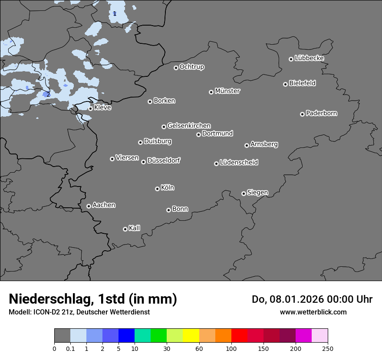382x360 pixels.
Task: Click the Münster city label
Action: pos(227,91)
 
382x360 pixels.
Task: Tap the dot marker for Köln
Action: pos(157,189)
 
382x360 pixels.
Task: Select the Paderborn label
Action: pos(322,113)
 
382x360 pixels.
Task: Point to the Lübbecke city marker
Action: pos(291,59)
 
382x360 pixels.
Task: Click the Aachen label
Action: pos(104,205)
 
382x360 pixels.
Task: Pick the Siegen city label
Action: pos(257,193)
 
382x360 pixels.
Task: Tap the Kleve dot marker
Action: pos(90,108)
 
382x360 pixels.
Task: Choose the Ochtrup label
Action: pos(192,67)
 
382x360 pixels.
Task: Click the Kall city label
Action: pos(135,228)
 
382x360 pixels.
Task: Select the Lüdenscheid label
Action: pos(239,163)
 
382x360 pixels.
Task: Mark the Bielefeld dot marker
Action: pos(285,84)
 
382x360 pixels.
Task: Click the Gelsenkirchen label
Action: pos(189,126)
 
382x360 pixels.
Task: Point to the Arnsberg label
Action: pos(264,144)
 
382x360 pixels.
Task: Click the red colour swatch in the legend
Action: pos(239,336)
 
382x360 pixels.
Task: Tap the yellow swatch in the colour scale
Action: pos(191,336)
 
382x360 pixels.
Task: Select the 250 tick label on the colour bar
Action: pos(328,348)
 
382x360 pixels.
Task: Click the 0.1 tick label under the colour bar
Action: pos(70,348)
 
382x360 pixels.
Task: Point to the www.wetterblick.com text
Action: pos(313,312)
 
